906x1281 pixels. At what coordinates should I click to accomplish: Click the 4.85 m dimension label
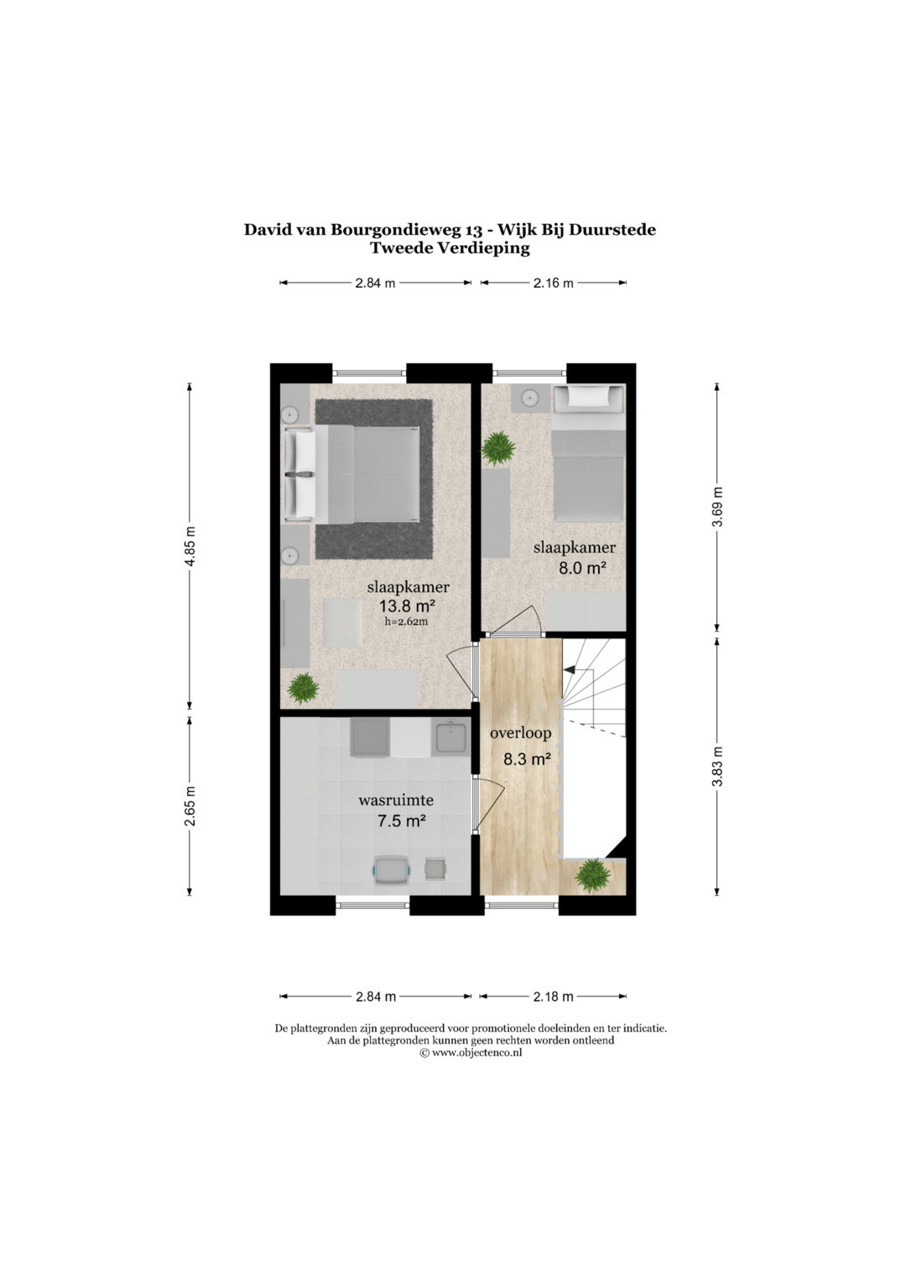pos(190,545)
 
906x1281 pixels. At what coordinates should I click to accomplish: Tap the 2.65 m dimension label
pos(190,806)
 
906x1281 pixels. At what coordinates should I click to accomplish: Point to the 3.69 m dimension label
pos(717,508)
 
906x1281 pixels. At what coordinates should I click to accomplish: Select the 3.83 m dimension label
pos(717,766)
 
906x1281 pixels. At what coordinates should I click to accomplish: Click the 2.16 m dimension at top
pos(553,283)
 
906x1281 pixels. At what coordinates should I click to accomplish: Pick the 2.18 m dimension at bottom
pos(553,997)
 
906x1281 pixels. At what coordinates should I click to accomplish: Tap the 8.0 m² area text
pos(582,568)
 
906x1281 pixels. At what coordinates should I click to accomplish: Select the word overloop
pos(520,733)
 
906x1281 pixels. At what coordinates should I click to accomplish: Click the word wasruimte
pos(396,799)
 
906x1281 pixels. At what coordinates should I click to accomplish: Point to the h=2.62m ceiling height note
pos(406,622)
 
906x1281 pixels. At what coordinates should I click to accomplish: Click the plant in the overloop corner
pos(593,873)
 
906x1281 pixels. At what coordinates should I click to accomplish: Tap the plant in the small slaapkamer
pos(497,448)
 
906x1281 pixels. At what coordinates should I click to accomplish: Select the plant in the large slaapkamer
pos(304,688)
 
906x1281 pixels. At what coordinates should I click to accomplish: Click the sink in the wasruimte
pos(452,737)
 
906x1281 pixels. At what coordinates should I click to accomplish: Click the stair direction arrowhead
pos(569,668)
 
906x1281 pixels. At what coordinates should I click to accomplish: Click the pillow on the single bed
pos(589,396)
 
